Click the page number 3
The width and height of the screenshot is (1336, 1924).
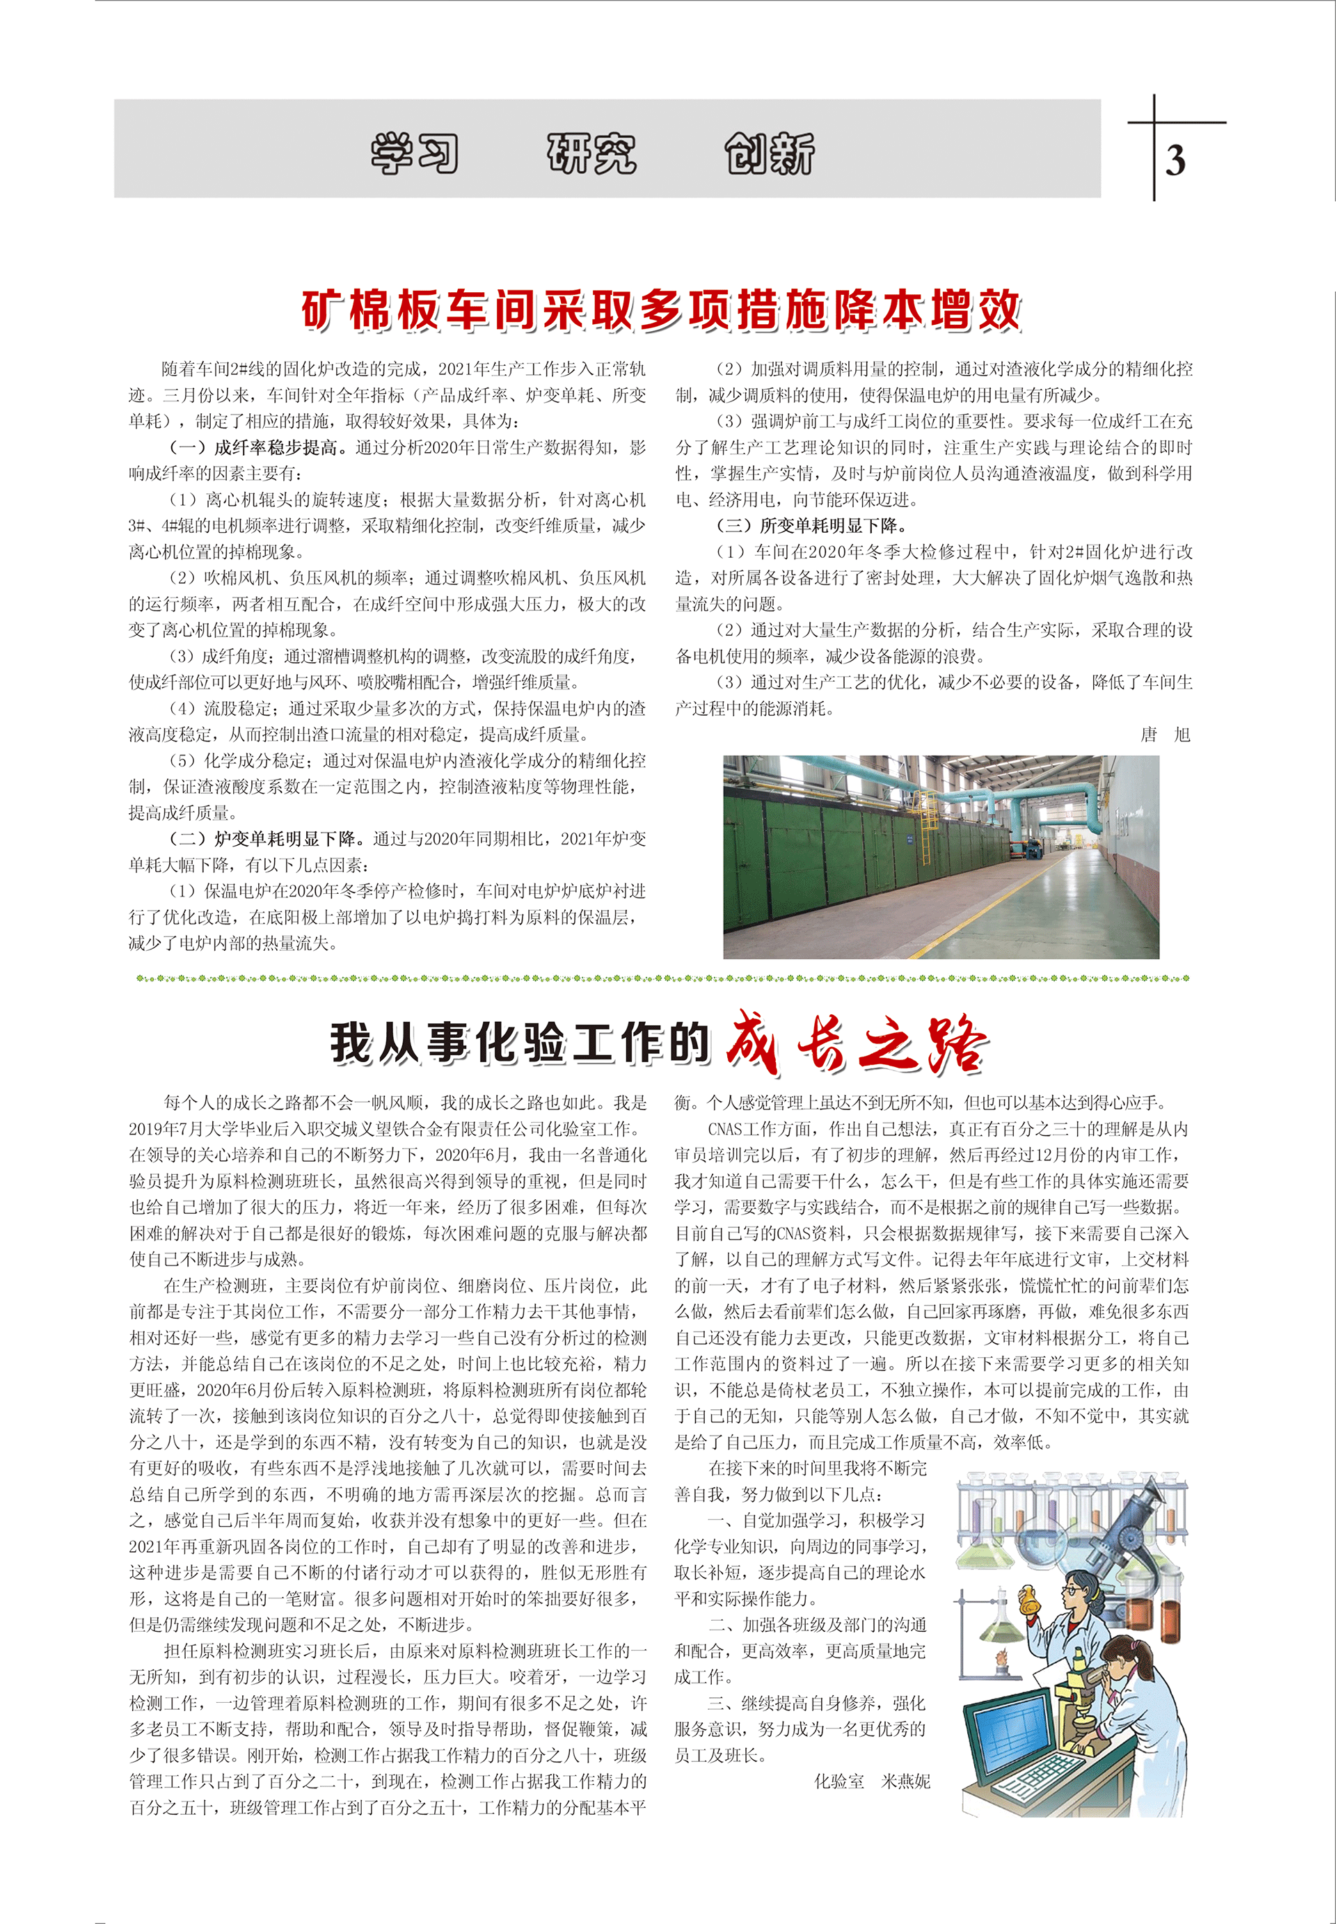tap(1175, 161)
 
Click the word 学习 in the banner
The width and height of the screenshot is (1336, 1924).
tap(415, 154)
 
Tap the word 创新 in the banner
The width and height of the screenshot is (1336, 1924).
tap(770, 154)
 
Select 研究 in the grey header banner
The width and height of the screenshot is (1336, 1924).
tap(592, 154)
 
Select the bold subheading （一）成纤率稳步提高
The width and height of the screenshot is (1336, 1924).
tap(255, 447)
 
